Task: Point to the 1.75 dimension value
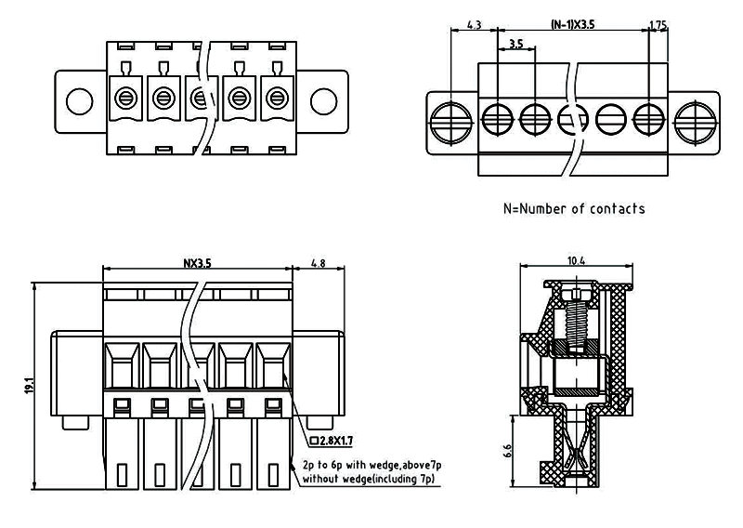[x=658, y=25]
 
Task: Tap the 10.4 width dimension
[x=575, y=261]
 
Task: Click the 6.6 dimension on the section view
[x=507, y=452]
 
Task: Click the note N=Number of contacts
[x=573, y=208]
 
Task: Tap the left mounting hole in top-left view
[x=81, y=99]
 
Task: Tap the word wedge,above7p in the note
[x=402, y=464]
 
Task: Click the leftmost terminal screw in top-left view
[x=124, y=96]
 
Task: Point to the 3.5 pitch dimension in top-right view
[x=516, y=44]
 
